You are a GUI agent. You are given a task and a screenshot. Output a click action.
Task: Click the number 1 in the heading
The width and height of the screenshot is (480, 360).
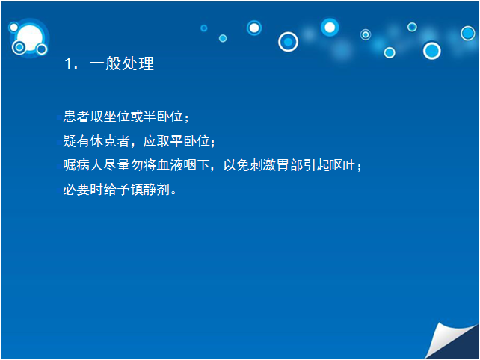tap(68, 63)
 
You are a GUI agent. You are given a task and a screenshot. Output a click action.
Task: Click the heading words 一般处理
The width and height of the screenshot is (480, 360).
tap(122, 63)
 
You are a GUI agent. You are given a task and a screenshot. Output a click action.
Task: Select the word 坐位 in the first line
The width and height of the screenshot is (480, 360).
tap(117, 117)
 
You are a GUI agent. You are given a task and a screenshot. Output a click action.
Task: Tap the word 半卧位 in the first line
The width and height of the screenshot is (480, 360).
tap(164, 117)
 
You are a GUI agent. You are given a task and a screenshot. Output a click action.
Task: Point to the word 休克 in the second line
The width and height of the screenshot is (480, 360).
tap(103, 141)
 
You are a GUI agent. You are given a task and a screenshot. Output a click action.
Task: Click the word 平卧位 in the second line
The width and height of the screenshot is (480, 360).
tap(190, 141)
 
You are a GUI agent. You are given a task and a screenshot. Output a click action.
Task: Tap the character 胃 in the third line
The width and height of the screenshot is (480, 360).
tap(283, 165)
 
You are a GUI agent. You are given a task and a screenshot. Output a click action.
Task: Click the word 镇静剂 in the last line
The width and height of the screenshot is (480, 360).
tap(150, 190)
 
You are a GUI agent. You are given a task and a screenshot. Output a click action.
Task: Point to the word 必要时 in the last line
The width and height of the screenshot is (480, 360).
tap(83, 190)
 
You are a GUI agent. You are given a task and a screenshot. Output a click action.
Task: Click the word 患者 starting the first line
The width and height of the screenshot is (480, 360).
tap(76, 117)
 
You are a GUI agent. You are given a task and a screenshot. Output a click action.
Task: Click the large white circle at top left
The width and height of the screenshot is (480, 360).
tap(29, 37)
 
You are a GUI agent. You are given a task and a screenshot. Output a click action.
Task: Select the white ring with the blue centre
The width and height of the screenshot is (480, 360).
tap(288, 42)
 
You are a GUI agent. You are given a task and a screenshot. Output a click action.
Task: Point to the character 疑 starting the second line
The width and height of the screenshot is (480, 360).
tap(70, 141)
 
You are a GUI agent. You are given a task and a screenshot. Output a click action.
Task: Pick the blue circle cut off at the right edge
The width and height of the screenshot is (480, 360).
tap(468, 33)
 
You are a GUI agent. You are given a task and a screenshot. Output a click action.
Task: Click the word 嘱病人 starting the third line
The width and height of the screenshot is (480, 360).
tap(83, 165)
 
